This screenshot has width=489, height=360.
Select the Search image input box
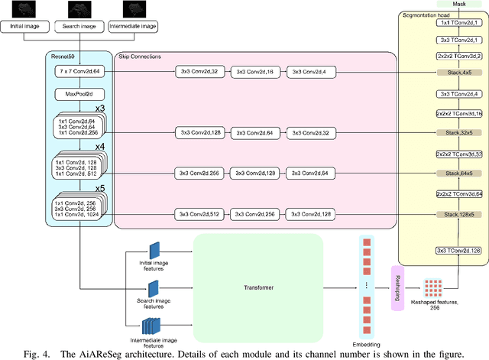tap(79, 26)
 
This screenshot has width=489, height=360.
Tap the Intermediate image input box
tap(133, 26)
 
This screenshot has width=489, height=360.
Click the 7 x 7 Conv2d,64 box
tap(79, 71)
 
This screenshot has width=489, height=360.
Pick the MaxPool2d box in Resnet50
tap(79, 95)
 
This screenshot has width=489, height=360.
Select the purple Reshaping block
tap(397, 288)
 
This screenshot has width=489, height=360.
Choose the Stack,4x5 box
tap(458, 71)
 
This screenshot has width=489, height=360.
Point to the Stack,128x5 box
tap(458, 215)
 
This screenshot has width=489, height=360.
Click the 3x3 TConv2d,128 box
tap(458, 250)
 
